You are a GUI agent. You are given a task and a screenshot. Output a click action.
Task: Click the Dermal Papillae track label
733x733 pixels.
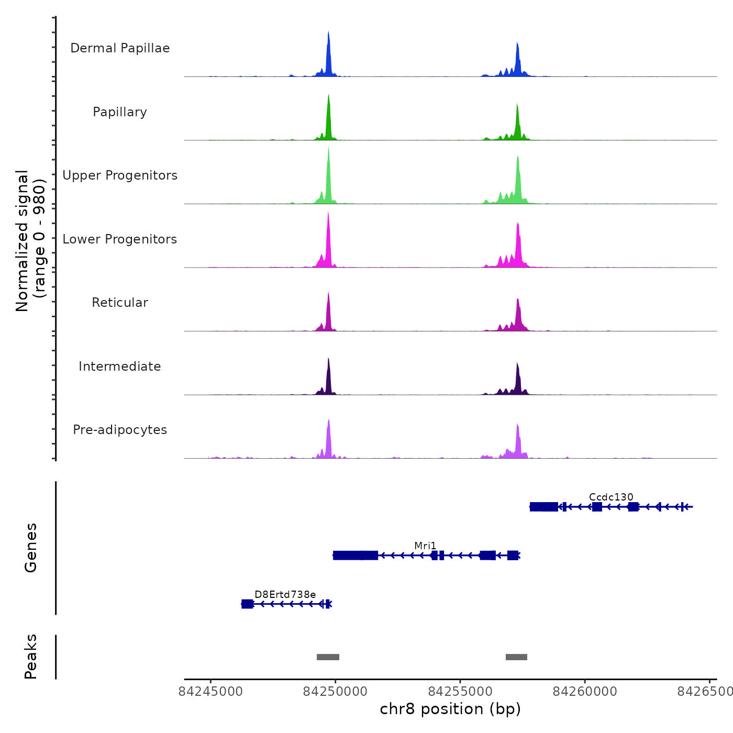pos(120,48)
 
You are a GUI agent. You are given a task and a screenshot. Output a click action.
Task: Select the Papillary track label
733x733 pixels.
pos(120,112)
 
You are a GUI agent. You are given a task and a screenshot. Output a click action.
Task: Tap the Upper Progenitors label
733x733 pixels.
pos(120,175)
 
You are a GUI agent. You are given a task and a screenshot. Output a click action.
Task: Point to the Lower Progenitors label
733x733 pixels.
pos(120,239)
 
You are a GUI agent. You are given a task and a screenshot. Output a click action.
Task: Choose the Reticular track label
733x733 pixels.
pos(120,303)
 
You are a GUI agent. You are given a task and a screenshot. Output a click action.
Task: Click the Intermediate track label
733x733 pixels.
pos(120,366)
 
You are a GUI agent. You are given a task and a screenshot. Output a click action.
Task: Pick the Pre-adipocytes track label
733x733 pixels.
pos(120,430)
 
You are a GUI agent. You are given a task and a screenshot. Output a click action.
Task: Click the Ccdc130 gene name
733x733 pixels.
pos(611,497)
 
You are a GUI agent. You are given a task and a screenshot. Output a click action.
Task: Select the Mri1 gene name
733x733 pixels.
pos(425,546)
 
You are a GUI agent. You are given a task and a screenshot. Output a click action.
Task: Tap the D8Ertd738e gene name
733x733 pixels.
pos(285,594)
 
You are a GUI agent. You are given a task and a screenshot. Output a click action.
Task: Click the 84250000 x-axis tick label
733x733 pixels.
pos(336,692)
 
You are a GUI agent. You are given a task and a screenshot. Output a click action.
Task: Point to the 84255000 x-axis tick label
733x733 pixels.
pos(460,692)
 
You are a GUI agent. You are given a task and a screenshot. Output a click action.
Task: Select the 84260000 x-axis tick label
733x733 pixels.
pos(585,692)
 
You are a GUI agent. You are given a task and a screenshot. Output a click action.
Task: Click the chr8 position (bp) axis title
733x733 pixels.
pos(450,709)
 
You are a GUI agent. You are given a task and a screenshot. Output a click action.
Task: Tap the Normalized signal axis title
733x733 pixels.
pos(23,241)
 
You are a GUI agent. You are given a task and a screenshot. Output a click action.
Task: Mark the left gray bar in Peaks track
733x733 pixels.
pos(328,657)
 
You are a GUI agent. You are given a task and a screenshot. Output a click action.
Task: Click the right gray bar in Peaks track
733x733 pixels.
pos(516,657)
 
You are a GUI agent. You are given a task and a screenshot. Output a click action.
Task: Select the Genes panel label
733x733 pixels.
pos(31,547)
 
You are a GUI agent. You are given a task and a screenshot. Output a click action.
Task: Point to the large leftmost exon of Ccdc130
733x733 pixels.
pos(543,507)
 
